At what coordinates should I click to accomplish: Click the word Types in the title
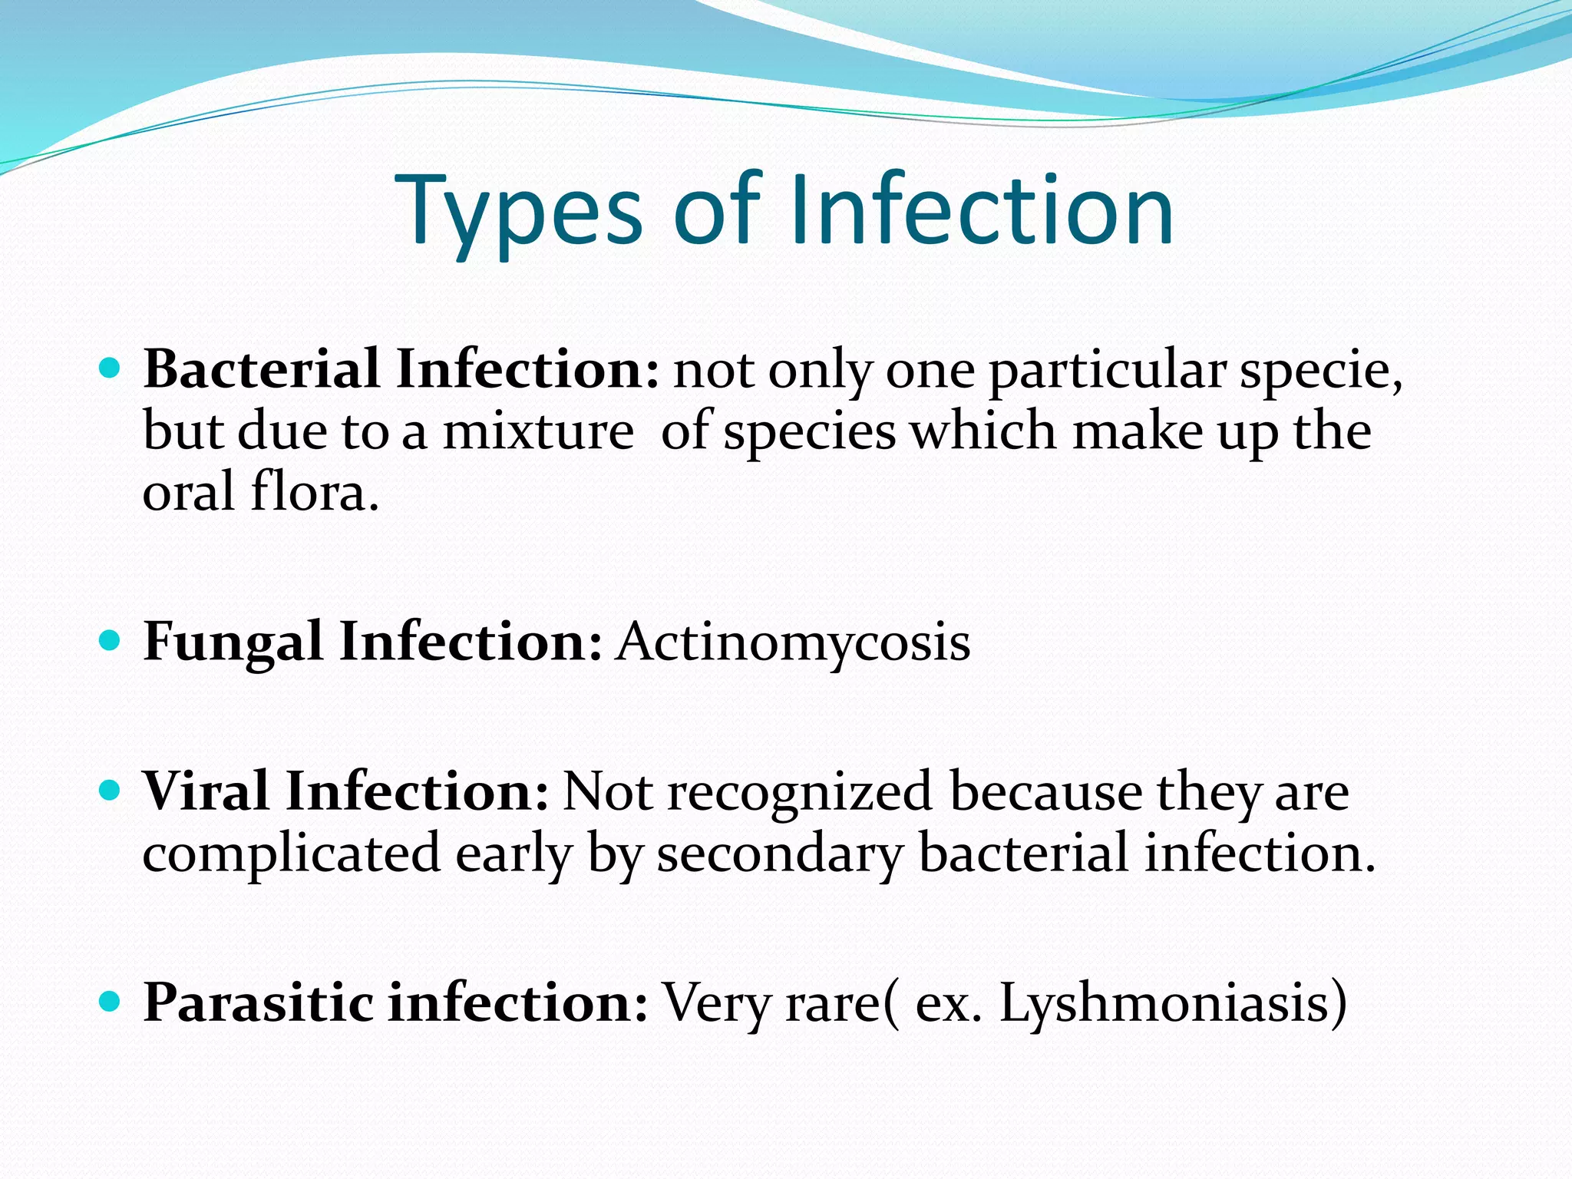[519, 211]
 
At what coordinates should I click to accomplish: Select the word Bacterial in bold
[261, 369]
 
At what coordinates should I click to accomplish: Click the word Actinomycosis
[793, 642]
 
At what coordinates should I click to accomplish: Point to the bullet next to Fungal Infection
[111, 640]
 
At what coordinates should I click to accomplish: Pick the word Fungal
[233, 642]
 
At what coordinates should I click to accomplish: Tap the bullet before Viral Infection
[111, 791]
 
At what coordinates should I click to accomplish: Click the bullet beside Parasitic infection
[111, 1002]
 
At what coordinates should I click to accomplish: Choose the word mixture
[538, 431]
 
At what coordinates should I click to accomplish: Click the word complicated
[291, 854]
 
